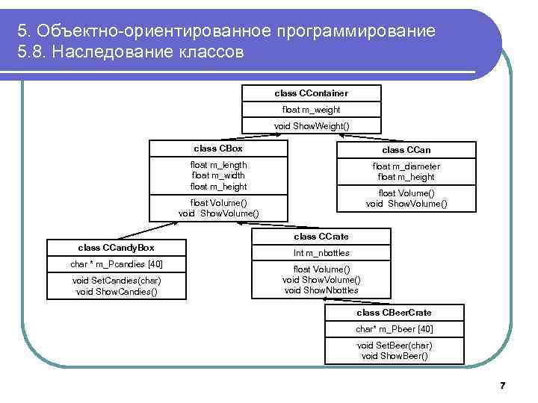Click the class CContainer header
coord(311,93)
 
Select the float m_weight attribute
coord(311,110)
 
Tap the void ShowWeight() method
coord(311,125)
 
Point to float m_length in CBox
coord(218,165)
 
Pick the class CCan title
coord(406,150)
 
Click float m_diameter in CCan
coord(406,166)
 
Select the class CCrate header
coord(321,237)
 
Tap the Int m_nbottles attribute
coord(321,253)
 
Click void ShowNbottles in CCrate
coord(321,290)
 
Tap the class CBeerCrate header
coord(394,313)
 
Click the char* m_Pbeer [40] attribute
coord(394,329)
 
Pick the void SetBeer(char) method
coord(394,346)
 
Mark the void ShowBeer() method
coord(394,356)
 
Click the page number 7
coord(502,386)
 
